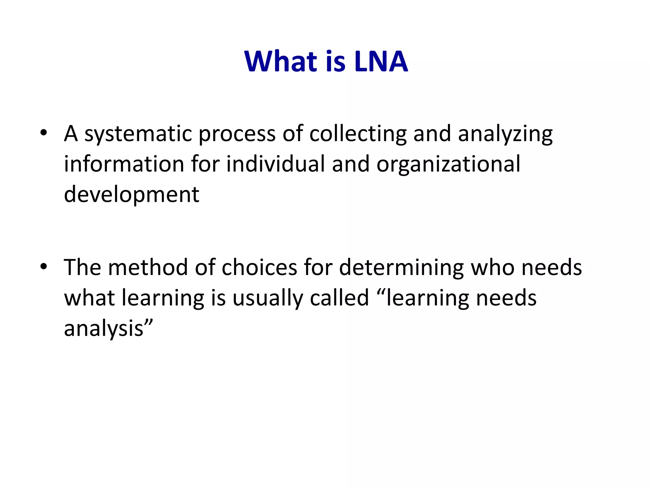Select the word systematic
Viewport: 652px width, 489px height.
coord(138,134)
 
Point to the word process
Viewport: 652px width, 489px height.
coord(237,134)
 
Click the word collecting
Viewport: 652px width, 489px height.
coord(358,134)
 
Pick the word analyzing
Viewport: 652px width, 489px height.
coord(505,134)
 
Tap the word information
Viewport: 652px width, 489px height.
coord(124,164)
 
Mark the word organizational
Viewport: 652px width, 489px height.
coord(448,164)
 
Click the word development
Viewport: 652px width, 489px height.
coord(131,195)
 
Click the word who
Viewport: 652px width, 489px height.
coord(493,267)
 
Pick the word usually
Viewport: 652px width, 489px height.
coord(268,298)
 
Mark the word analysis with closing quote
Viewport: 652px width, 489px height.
coord(109,329)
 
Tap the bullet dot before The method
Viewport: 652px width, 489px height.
coord(44,266)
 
